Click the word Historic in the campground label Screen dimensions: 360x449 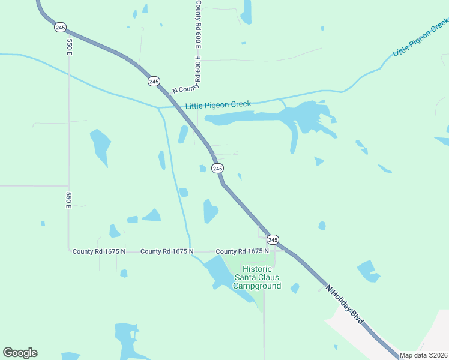[256, 269]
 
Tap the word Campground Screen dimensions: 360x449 [257, 286]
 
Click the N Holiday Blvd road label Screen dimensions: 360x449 [345, 305]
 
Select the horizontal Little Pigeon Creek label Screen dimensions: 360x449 [218, 106]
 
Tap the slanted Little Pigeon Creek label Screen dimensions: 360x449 [420, 37]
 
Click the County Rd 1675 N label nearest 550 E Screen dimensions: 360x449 [98, 251]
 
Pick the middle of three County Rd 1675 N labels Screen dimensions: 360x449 [167, 251]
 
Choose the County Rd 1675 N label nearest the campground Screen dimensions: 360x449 [242, 251]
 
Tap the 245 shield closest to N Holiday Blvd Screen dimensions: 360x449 [273, 239]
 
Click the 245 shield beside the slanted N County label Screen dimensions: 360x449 [154, 81]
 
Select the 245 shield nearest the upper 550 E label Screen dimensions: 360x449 [59, 27]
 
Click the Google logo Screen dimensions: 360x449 [20, 353]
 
